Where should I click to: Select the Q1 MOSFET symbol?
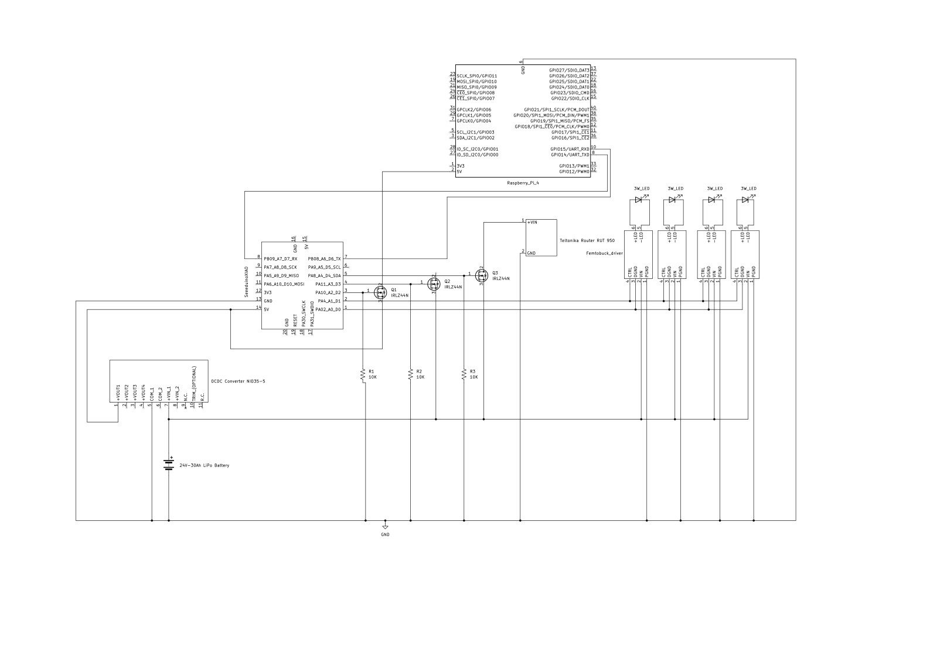tap(380, 291)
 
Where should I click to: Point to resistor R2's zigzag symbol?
tap(410, 373)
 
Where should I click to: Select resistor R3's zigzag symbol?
tap(464, 373)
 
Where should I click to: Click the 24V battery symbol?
tap(169, 465)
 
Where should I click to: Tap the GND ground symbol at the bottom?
tap(385, 526)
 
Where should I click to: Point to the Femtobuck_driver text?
tap(604, 254)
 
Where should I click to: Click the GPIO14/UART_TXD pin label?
tap(570, 155)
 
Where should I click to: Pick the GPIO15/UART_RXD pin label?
tap(570, 149)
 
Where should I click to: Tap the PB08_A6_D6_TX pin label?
tap(324, 258)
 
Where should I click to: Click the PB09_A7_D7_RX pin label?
tap(281, 258)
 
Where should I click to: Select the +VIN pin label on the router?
tap(532, 222)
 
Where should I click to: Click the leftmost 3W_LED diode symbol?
tap(639, 200)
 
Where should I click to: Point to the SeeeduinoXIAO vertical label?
tap(247, 282)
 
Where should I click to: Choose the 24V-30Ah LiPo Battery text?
tap(205, 465)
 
